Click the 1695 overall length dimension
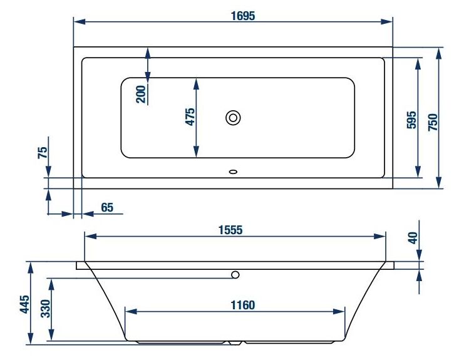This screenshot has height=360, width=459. pyautogui.click(x=243, y=16)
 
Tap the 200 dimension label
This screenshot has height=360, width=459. pyautogui.click(x=141, y=95)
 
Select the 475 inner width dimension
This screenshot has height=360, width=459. pyautogui.click(x=190, y=117)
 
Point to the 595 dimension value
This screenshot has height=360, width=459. pyautogui.click(x=411, y=120)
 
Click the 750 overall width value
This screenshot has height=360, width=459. pyautogui.click(x=433, y=122)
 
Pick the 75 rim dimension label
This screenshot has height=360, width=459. pyautogui.click(x=43, y=153)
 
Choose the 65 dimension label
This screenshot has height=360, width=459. pyautogui.click(x=107, y=207)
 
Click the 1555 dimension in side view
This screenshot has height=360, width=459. pyautogui.click(x=230, y=230)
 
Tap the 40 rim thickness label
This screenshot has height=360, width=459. pyautogui.click(x=413, y=238)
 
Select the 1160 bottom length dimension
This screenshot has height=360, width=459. pyautogui.click(x=243, y=306)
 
